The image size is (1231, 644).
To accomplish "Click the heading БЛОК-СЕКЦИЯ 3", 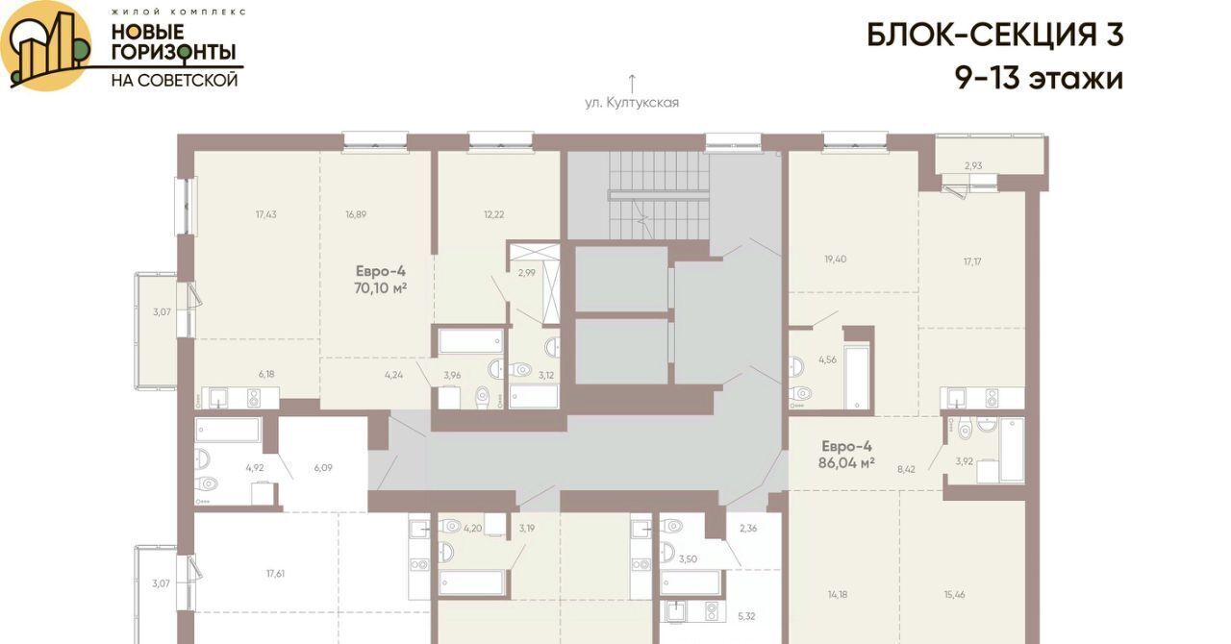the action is point(995,36).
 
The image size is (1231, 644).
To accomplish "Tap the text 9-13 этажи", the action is point(1039,79).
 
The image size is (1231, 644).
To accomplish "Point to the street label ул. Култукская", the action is point(632,103).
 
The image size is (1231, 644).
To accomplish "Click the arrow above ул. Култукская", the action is point(632,83).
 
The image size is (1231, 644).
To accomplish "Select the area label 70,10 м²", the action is point(380,288).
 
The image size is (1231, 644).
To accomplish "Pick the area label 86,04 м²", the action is point(846,462).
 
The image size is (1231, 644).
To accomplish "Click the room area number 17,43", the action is point(266,214).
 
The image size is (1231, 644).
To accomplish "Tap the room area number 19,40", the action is point(836,259).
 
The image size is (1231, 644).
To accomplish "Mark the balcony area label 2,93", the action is point(973,165).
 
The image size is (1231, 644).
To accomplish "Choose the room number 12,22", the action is point(494,214).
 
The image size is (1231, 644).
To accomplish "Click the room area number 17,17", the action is point(972,261).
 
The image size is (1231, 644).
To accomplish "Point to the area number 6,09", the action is point(323,467).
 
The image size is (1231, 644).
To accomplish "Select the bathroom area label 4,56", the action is point(828,359).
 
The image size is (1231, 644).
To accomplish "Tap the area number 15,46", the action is point(955,594).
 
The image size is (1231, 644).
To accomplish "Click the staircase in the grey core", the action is point(657,195).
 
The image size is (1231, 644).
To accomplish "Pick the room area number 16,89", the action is point(356,214).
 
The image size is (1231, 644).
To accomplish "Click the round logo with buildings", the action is point(45,45).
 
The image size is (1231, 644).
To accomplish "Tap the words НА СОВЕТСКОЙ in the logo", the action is point(175,81).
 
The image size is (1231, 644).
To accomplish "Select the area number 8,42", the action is point(906,470).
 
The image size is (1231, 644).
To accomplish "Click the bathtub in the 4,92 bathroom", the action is point(227,431).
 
